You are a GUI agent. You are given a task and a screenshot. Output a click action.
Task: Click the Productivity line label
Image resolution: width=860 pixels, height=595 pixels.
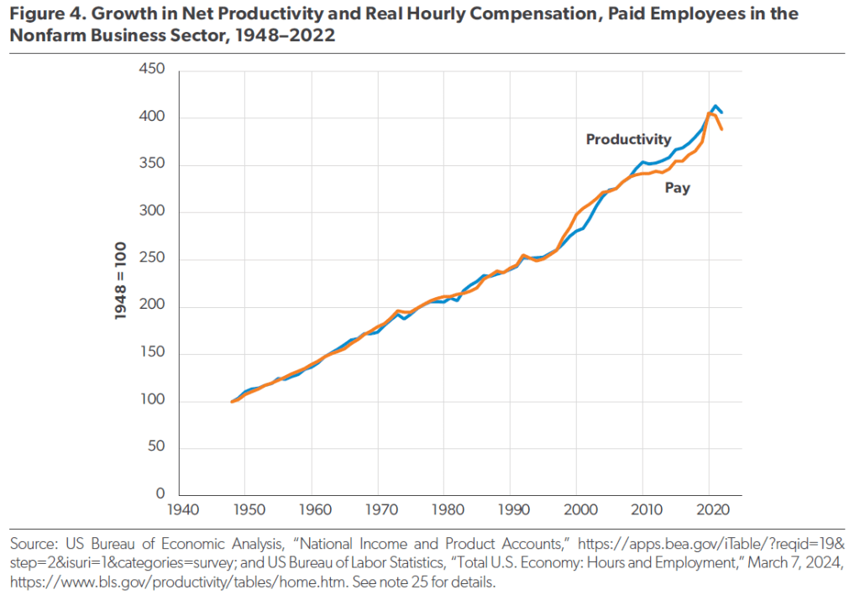628,139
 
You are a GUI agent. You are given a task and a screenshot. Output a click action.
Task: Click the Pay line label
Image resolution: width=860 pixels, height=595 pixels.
677,188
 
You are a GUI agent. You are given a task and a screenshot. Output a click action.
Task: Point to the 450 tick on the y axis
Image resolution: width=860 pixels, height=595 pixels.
154,70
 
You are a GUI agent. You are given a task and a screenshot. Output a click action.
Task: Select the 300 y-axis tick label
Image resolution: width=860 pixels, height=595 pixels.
154,211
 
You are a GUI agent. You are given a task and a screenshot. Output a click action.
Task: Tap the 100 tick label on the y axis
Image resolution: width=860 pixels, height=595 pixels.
154,401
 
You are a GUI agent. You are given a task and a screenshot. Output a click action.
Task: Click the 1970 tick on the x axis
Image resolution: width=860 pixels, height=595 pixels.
377,510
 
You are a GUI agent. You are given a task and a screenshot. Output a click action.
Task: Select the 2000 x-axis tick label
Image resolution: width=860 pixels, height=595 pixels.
576,510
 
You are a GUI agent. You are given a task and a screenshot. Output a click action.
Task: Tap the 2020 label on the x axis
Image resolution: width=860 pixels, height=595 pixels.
709,510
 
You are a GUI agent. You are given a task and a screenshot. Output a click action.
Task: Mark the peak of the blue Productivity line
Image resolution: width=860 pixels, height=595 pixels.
716,107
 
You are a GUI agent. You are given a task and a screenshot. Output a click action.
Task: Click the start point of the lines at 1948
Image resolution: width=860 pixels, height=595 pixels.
233,402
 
